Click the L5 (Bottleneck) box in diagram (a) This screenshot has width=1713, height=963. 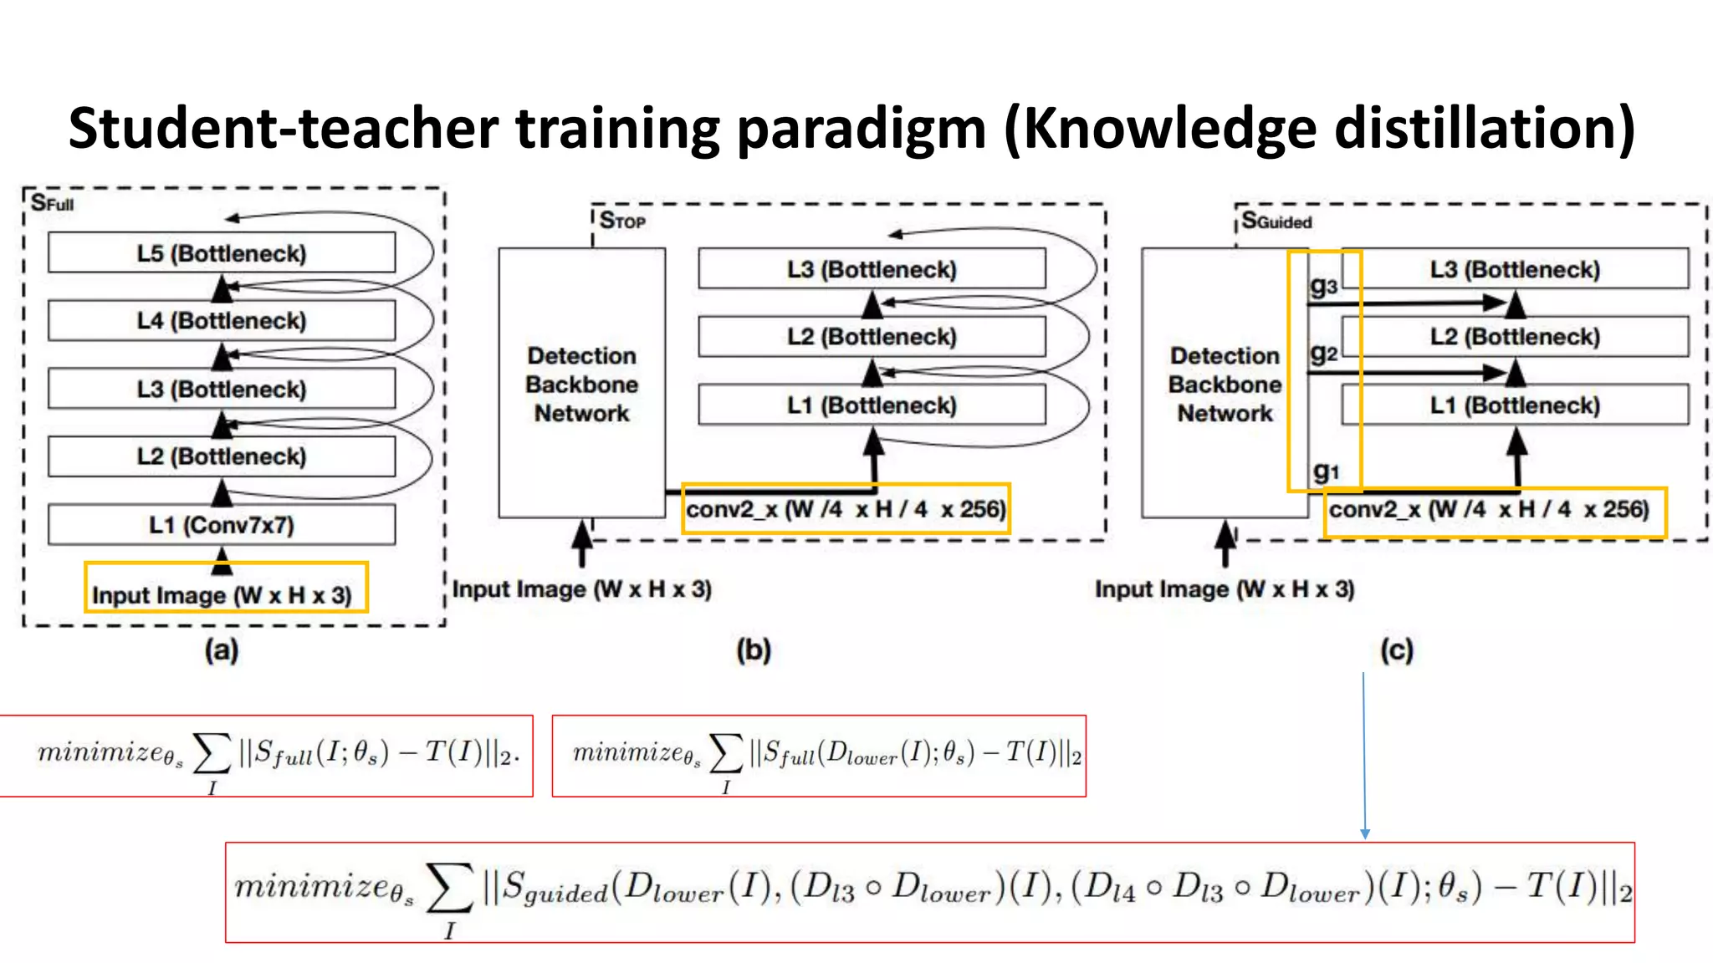click(x=222, y=252)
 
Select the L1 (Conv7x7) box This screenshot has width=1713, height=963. click(x=222, y=525)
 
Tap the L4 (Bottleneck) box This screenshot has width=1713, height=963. click(x=222, y=321)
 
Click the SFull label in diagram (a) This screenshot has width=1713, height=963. click(x=52, y=203)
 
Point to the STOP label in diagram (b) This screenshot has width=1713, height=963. click(x=622, y=222)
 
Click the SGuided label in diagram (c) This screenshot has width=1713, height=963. click(x=1276, y=222)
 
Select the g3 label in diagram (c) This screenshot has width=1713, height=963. click(x=1323, y=287)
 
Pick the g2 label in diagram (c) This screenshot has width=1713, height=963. click(x=1323, y=354)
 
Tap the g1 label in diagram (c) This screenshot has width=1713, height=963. click(x=1326, y=471)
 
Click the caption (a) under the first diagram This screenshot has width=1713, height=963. click(x=222, y=650)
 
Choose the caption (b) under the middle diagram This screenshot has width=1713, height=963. click(x=754, y=650)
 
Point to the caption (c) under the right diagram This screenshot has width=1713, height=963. click(x=1397, y=650)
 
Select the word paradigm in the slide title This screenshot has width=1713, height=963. click(x=862, y=130)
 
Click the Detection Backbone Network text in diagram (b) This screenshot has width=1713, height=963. click(x=582, y=385)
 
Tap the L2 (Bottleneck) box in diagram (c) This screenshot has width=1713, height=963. click(x=1515, y=337)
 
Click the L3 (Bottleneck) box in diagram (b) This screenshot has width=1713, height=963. click(x=872, y=269)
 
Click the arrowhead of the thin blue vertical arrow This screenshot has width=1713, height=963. click(x=1365, y=833)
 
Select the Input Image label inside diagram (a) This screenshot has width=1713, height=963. click(x=222, y=595)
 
